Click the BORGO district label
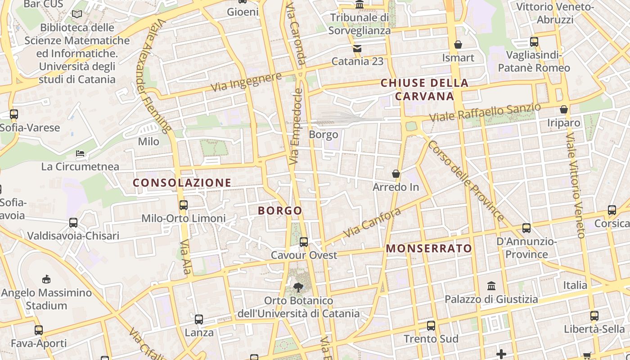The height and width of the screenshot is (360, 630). tap(280, 211)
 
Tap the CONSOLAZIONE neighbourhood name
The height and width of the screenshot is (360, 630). tap(182, 183)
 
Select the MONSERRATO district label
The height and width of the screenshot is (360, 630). tap(429, 248)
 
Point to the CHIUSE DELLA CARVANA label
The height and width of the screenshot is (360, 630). tap(424, 90)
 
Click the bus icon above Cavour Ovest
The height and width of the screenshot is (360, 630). tap(304, 242)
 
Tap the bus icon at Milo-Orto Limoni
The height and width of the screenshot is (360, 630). tap(184, 205)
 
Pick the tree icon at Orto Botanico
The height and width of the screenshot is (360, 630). tap(298, 287)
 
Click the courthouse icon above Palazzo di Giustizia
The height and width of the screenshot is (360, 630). tap(491, 286)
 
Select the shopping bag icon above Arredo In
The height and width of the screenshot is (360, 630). tap(396, 174)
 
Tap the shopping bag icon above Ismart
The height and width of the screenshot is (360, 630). tap(458, 45)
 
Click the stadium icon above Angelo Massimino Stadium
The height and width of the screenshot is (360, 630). tap(46, 279)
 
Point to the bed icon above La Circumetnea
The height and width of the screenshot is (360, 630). tap(80, 153)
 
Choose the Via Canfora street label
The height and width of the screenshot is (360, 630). tap(372, 223)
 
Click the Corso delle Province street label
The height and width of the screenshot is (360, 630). tap(466, 181)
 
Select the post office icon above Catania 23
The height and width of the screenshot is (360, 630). tap(357, 48)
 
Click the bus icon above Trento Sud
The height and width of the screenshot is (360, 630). tap(431, 325)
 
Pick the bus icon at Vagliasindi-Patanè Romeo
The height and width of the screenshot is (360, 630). tap(534, 42)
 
